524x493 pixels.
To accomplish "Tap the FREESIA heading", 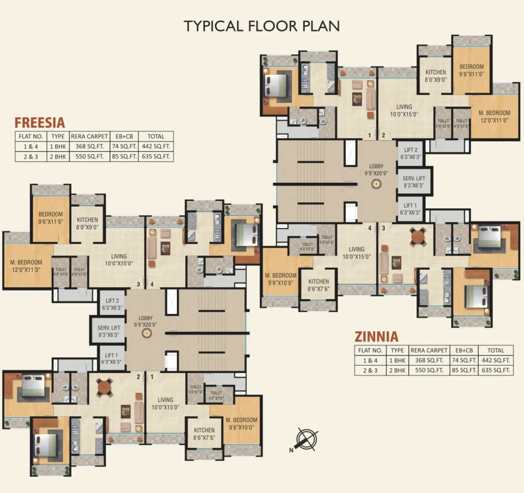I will pos(40,123).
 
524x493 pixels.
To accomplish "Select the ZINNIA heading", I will pos(376,336).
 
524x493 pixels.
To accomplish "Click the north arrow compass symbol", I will pos(306,440).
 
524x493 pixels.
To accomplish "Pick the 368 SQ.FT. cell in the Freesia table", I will pos(89,146).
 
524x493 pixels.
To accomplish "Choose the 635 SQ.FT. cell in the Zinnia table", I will pos(496,370).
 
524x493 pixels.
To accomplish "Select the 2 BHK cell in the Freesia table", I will pos(58,157).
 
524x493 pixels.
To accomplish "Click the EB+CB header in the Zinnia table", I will pos(464,350).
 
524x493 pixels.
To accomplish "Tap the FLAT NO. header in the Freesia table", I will pos(31,136).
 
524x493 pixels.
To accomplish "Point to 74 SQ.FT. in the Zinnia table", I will pos(464,360).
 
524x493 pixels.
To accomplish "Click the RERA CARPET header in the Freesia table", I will pos(89,136).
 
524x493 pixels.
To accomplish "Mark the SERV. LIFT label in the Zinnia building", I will pos(413,182).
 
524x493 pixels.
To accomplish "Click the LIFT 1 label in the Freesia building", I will pos(111,358).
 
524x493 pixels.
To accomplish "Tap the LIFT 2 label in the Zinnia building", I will pos(410,153).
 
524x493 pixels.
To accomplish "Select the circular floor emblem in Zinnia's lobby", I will pos(376,184).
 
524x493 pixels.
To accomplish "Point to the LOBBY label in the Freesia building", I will pos(145,321).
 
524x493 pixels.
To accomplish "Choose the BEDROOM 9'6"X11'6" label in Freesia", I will pos(50,218).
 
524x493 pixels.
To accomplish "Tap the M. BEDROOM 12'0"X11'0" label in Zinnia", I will pos(494,117).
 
